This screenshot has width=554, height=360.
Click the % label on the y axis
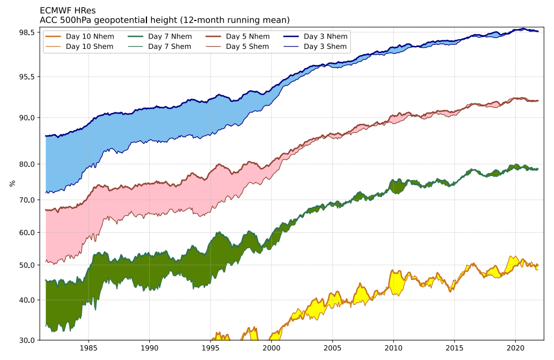coord(12,183)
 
